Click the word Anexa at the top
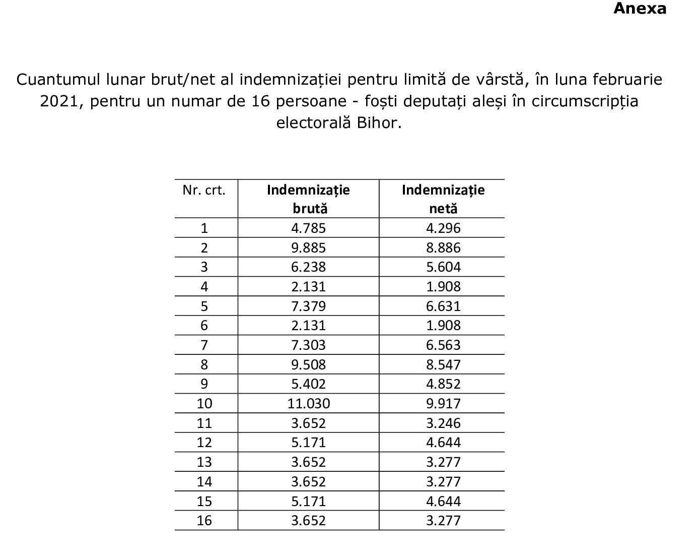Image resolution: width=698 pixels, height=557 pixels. pyautogui.click(x=640, y=9)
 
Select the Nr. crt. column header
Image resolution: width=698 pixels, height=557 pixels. pyautogui.click(x=204, y=191)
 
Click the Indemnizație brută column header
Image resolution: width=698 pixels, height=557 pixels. pyautogui.click(x=308, y=199)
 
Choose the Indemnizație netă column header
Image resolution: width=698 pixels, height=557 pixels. pyautogui.click(x=443, y=199)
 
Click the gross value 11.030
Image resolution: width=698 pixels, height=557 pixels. pyautogui.click(x=308, y=404)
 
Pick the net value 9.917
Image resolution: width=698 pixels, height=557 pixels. pyautogui.click(x=443, y=404)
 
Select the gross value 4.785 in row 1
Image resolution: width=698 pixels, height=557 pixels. pyautogui.click(x=308, y=228)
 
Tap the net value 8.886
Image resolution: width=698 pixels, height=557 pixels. pyautogui.click(x=443, y=248)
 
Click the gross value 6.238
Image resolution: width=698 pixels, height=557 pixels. pyautogui.click(x=308, y=267)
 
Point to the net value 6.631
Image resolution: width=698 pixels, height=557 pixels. pyautogui.click(x=443, y=306)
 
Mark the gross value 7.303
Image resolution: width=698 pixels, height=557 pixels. pyautogui.click(x=308, y=345)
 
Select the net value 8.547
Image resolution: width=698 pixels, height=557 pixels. pyautogui.click(x=443, y=365)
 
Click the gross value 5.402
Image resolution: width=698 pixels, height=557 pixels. pyautogui.click(x=308, y=384)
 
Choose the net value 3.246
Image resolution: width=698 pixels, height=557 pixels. pyautogui.click(x=443, y=423)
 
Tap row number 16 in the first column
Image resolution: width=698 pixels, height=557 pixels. pyautogui.click(x=204, y=521)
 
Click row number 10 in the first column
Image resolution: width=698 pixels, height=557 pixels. pyautogui.click(x=204, y=404)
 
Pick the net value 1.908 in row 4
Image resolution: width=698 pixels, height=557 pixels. pyautogui.click(x=443, y=287)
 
